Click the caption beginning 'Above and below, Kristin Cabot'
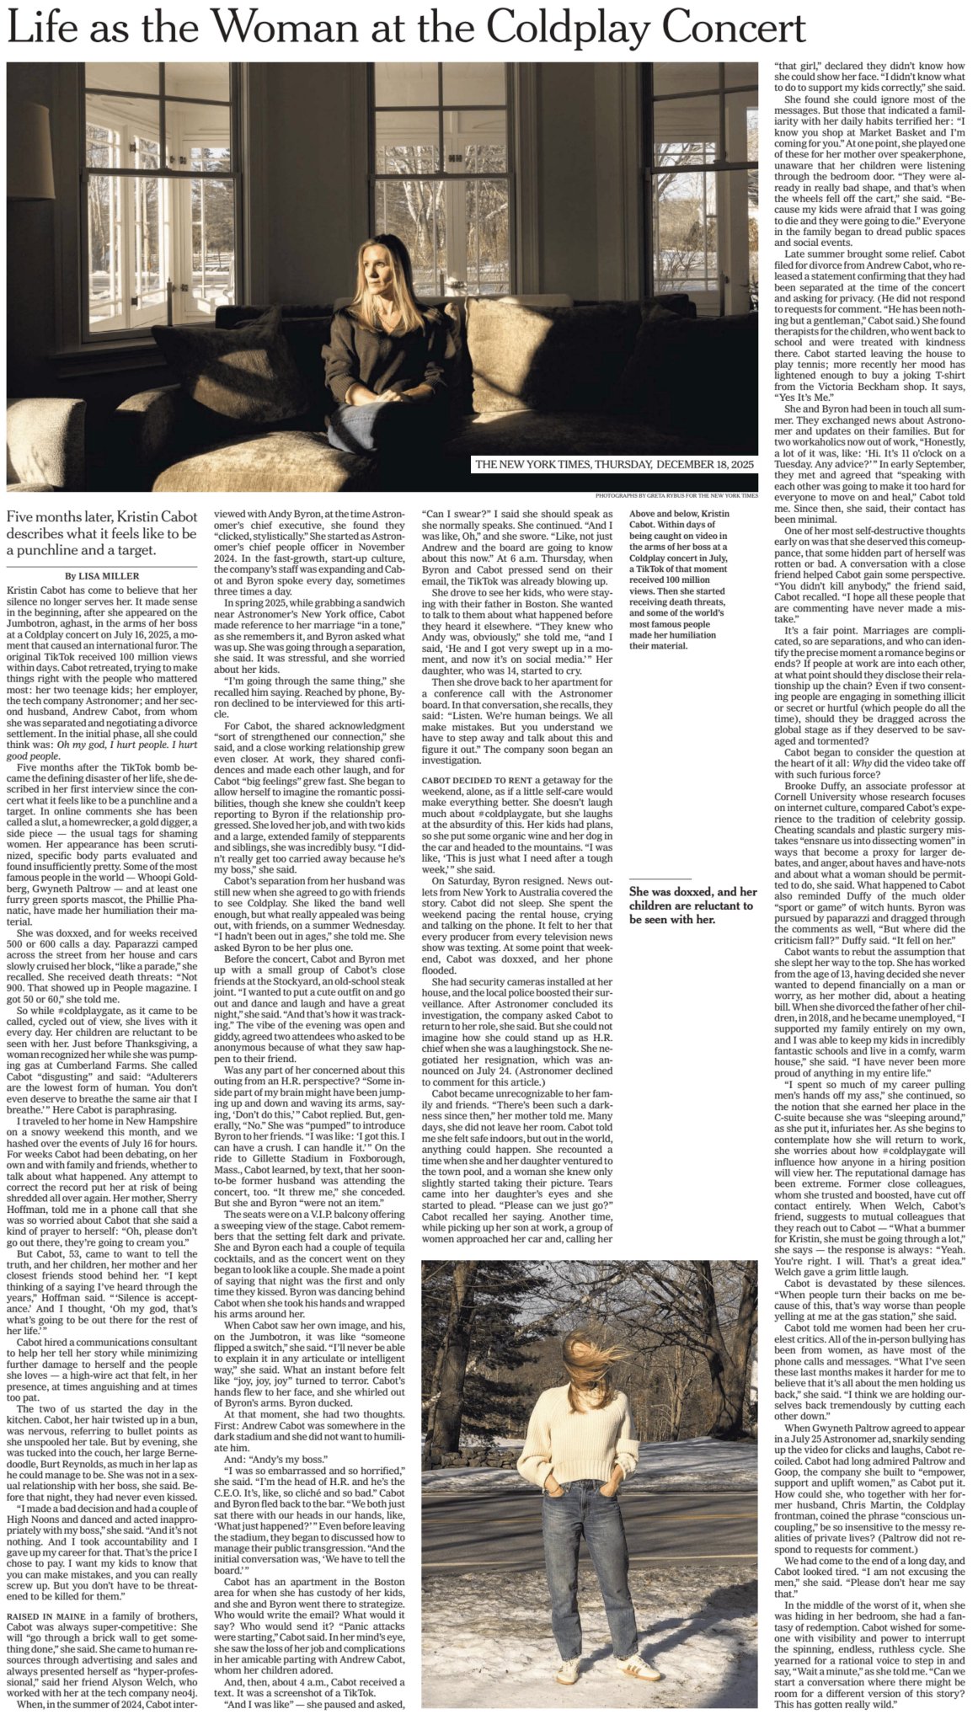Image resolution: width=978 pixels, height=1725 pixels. tap(681, 580)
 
